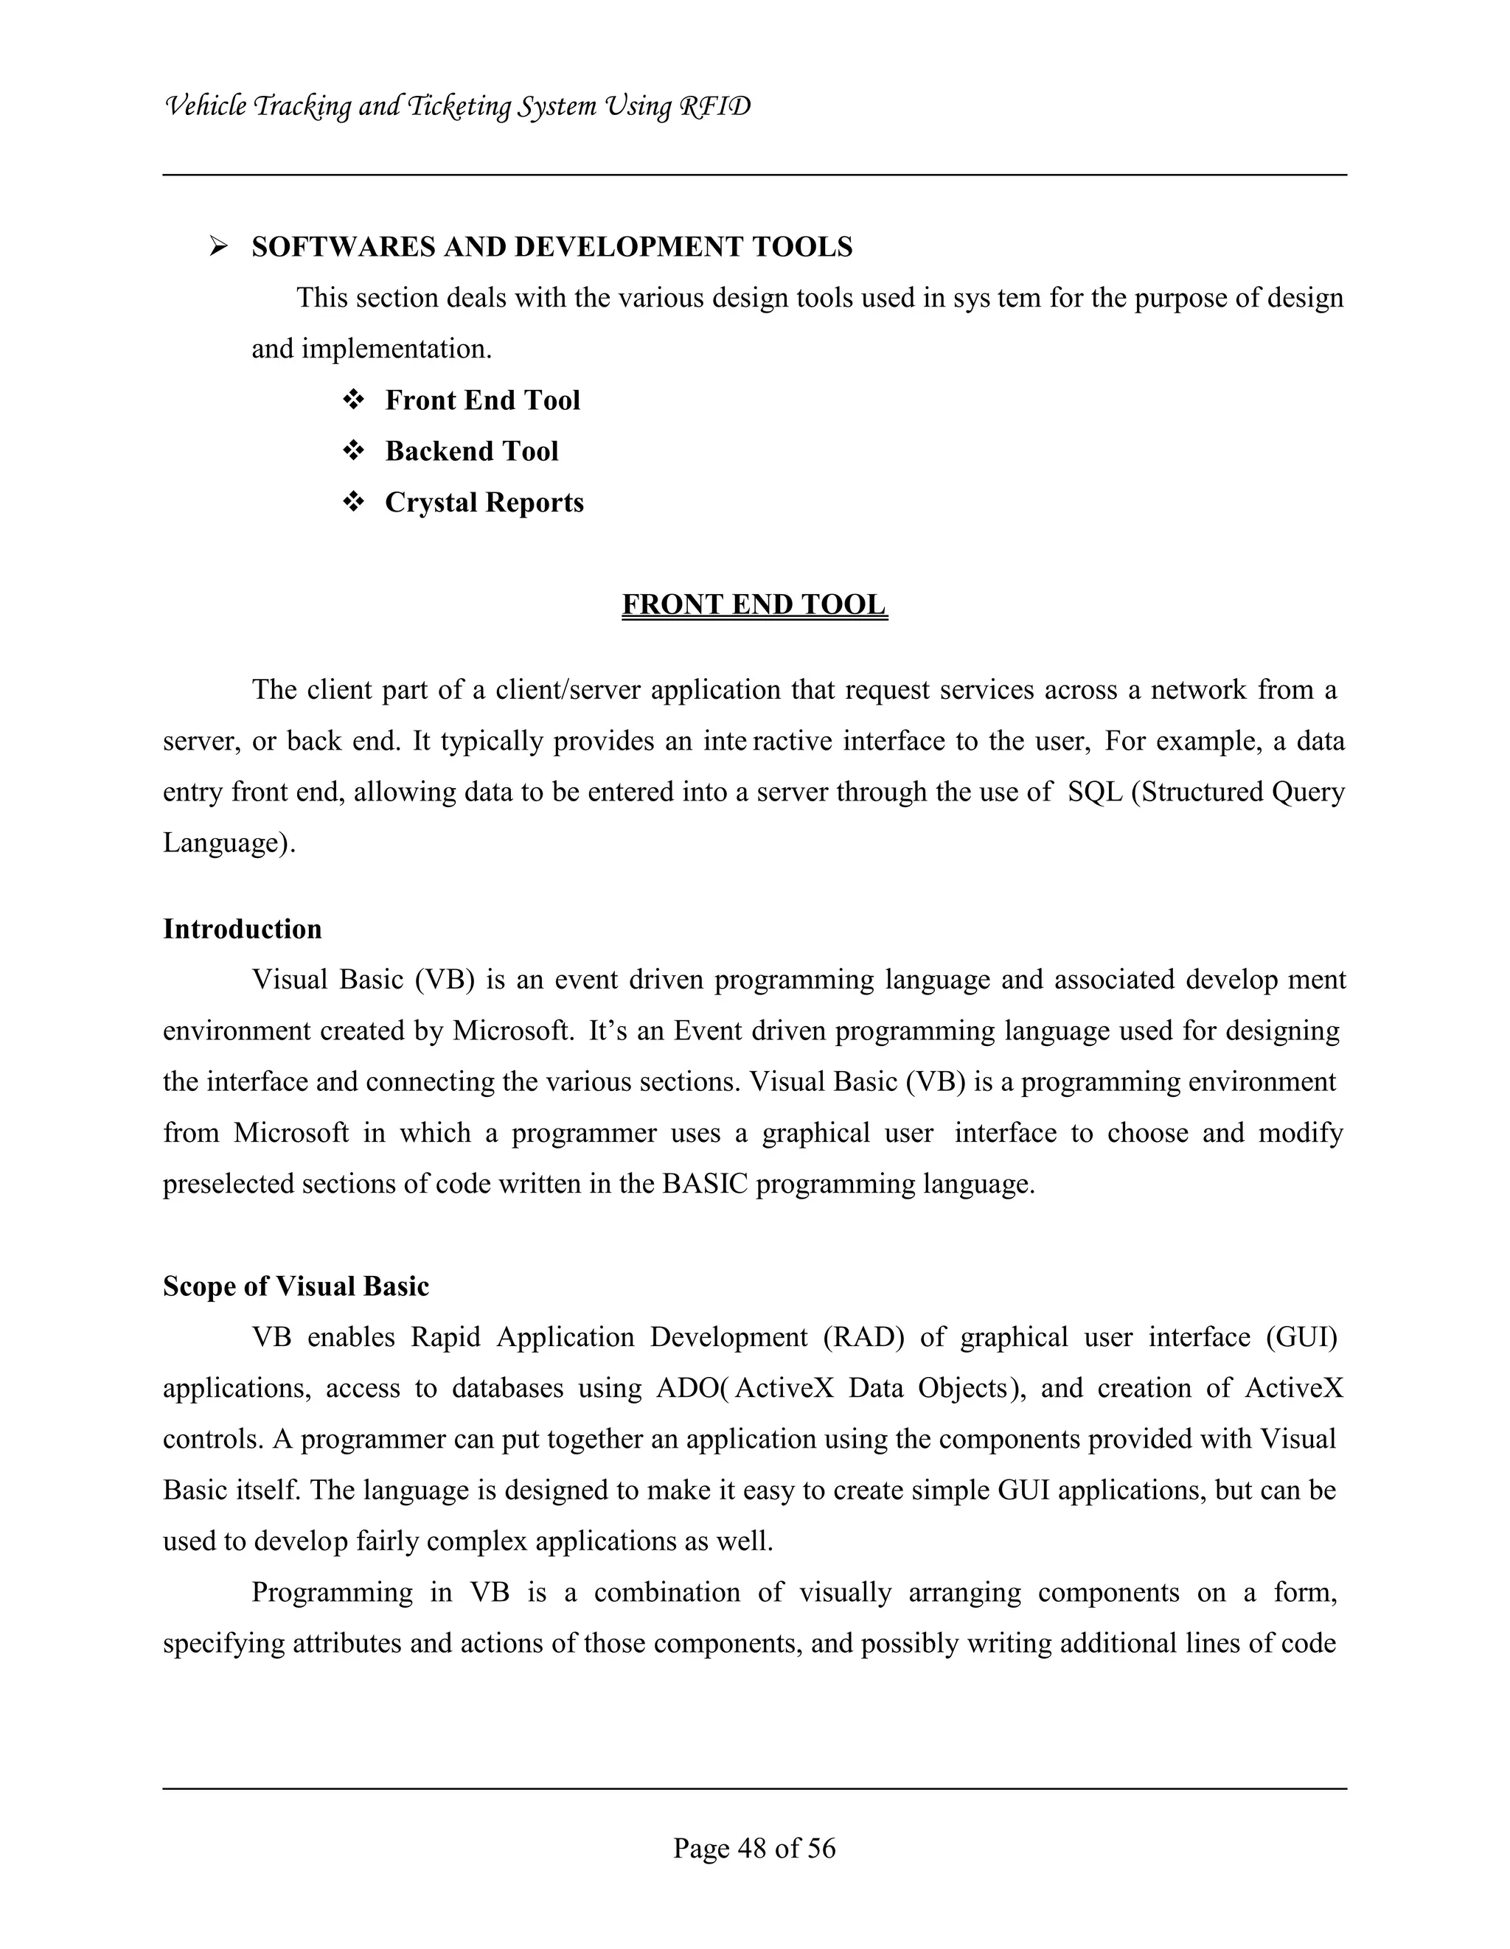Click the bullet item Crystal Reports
[x=484, y=503]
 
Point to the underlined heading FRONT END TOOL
[x=754, y=605]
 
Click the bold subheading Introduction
[x=242, y=929]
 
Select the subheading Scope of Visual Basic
[x=296, y=1286]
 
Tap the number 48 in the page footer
[x=754, y=1847]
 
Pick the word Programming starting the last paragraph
[x=332, y=1593]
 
